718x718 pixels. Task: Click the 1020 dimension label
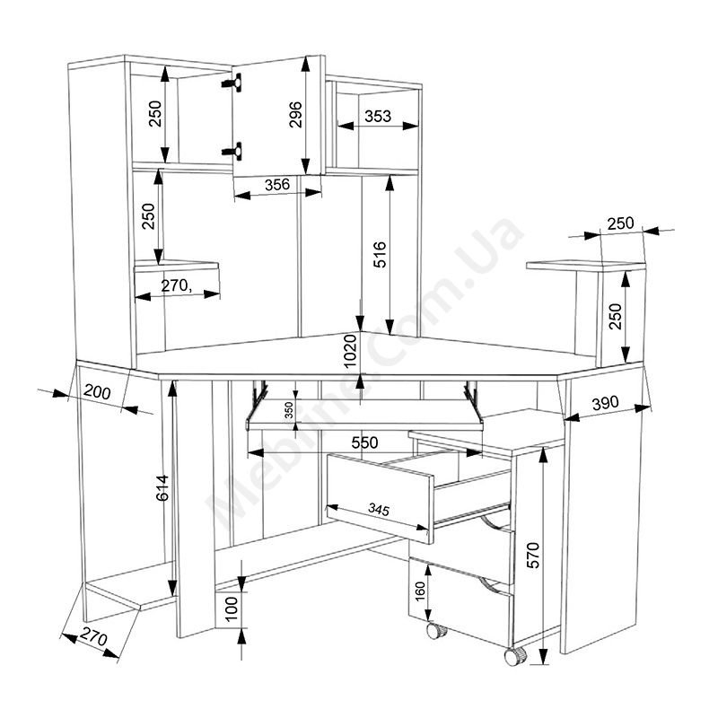[x=350, y=351]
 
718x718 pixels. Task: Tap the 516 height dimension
[x=380, y=255]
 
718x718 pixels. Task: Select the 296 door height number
[x=296, y=115]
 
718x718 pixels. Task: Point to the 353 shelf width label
[x=378, y=117]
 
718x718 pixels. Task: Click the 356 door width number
[x=277, y=184]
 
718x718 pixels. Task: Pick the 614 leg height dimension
[x=162, y=488]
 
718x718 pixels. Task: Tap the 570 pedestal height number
[x=533, y=556]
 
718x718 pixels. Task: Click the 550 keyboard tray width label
[x=364, y=442]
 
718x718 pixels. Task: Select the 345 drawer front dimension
[x=379, y=509]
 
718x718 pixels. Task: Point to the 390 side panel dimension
[x=605, y=403]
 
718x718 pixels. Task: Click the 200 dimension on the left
[x=97, y=392]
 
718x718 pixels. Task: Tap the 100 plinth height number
[x=232, y=609]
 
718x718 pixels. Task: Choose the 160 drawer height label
[x=420, y=591]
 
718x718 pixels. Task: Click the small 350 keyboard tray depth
[x=288, y=410]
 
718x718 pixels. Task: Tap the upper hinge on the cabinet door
[x=232, y=83]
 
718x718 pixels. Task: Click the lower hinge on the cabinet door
[x=232, y=151]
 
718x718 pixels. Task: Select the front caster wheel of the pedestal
[x=515, y=656]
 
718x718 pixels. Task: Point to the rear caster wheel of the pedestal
[x=437, y=631]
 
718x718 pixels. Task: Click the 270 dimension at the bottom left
[x=93, y=638]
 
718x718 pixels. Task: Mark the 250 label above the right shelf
[x=620, y=223]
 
